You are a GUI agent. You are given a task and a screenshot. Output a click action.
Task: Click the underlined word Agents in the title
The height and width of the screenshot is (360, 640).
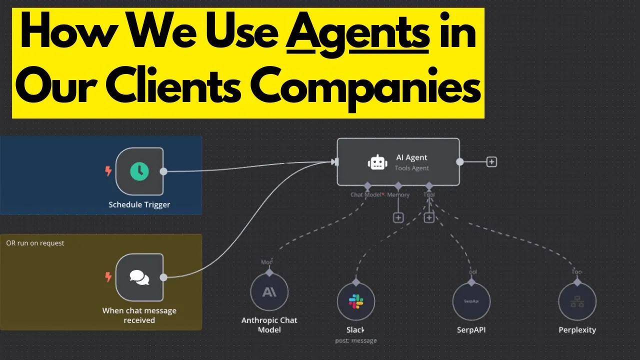(x=357, y=38)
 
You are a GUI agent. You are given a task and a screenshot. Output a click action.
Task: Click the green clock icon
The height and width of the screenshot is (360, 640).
(x=139, y=171)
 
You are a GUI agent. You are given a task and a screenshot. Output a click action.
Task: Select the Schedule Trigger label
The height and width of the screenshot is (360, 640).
(x=139, y=204)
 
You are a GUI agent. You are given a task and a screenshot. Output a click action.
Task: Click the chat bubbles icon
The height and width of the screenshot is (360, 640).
(x=139, y=277)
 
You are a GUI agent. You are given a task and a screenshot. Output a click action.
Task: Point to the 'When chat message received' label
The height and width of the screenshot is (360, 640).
(x=139, y=315)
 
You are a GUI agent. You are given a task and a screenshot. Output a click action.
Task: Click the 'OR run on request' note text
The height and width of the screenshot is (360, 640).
(x=35, y=243)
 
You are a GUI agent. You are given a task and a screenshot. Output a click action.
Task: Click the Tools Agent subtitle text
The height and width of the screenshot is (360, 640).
(x=412, y=168)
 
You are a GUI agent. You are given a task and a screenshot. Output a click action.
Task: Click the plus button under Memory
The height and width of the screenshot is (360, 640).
(x=398, y=217)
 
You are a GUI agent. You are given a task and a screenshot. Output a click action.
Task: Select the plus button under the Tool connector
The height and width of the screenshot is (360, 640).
(x=429, y=217)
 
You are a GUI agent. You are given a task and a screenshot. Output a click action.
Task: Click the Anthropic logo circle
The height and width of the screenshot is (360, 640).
(x=269, y=291)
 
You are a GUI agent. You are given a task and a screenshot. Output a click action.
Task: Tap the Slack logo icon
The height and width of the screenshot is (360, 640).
(x=356, y=301)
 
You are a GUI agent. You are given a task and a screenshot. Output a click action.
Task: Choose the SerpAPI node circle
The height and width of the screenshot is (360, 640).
(x=471, y=301)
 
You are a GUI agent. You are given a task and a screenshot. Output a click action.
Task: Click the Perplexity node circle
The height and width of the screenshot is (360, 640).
(x=577, y=301)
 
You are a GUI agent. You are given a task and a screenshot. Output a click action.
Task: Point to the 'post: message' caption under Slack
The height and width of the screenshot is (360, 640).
(x=356, y=340)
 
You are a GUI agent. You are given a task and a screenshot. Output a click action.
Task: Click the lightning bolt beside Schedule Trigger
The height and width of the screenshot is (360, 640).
(x=108, y=171)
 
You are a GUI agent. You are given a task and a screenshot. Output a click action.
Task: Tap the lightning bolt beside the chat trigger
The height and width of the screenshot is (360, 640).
(x=108, y=277)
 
